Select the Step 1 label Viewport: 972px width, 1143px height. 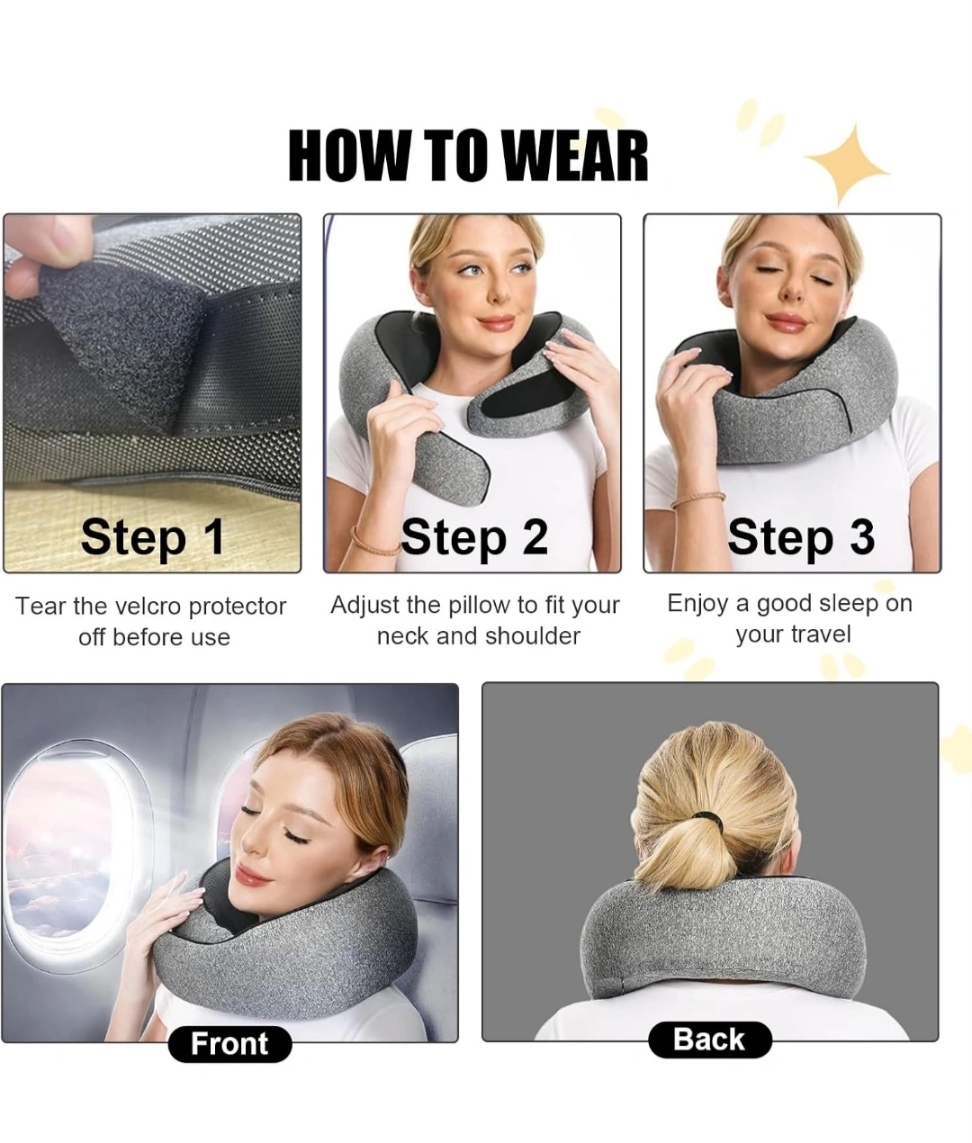pos(153,536)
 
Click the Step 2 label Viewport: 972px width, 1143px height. pos(474,536)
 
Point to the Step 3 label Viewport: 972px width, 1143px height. pos(801,536)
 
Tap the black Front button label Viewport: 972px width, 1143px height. pos(229,1043)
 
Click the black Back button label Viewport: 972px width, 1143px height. pos(709,1039)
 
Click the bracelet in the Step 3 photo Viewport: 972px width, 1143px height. pos(697,499)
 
